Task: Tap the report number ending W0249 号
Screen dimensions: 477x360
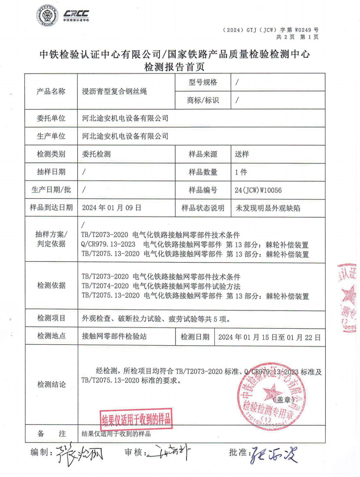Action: (270, 30)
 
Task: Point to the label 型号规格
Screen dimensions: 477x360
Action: (203, 82)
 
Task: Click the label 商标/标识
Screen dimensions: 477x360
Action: (203, 100)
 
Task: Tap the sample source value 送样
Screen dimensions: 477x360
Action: (242, 154)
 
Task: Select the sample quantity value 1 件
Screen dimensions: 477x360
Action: (241, 172)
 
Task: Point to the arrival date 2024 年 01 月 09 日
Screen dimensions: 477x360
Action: (112, 208)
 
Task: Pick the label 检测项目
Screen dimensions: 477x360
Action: (51, 318)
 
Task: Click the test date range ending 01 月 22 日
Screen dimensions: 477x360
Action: (269, 337)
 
